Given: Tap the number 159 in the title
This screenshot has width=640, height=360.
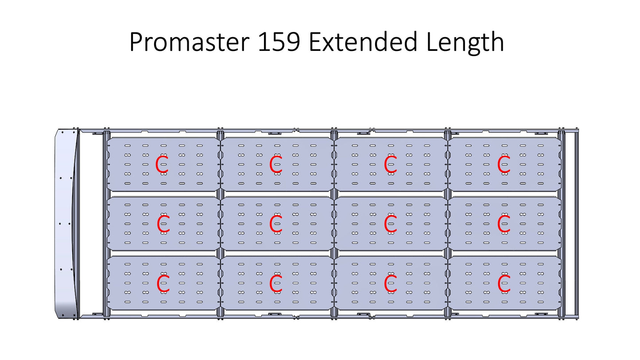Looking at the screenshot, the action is (279, 42).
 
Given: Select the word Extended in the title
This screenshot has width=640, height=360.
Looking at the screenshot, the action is (363, 42).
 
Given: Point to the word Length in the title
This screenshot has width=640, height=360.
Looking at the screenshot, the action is (465, 43).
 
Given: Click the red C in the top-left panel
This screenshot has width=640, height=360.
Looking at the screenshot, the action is (162, 164).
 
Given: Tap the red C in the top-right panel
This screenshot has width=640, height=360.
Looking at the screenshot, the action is (504, 164).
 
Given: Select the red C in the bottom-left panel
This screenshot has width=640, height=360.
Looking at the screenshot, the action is (163, 283).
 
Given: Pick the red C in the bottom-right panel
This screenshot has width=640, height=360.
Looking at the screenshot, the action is (504, 283).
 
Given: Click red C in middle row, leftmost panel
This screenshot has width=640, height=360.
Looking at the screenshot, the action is (163, 224).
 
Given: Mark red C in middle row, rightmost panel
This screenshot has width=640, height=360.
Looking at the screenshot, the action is (504, 224).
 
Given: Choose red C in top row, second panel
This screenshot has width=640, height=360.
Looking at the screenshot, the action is (276, 164).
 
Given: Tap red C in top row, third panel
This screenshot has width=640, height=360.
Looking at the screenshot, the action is (390, 164).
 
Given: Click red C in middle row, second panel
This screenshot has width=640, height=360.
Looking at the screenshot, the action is (276, 224).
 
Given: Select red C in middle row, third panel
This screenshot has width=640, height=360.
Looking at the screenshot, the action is (390, 224).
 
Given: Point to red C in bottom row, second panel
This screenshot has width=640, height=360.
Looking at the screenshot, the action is (276, 283).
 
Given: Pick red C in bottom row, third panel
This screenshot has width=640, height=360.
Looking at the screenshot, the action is (390, 283).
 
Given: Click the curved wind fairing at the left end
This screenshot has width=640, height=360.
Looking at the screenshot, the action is (66, 224).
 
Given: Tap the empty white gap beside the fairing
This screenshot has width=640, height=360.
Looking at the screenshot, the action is (90, 224).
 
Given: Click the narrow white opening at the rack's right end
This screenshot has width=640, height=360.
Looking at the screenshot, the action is (570, 224).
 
